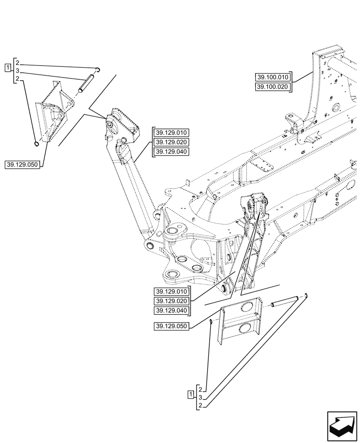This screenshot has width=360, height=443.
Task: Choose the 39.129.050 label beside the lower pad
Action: point(172,326)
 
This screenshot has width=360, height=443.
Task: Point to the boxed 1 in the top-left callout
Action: point(8,67)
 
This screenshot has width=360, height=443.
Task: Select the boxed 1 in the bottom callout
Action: point(191,394)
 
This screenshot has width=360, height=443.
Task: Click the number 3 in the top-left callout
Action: point(17,71)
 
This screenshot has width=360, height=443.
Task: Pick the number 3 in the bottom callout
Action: point(200,397)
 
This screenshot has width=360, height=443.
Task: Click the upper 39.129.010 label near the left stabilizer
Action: point(171,132)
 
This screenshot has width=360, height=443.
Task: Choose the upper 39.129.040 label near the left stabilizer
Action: point(171,152)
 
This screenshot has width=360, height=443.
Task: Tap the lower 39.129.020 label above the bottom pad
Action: point(172,301)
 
